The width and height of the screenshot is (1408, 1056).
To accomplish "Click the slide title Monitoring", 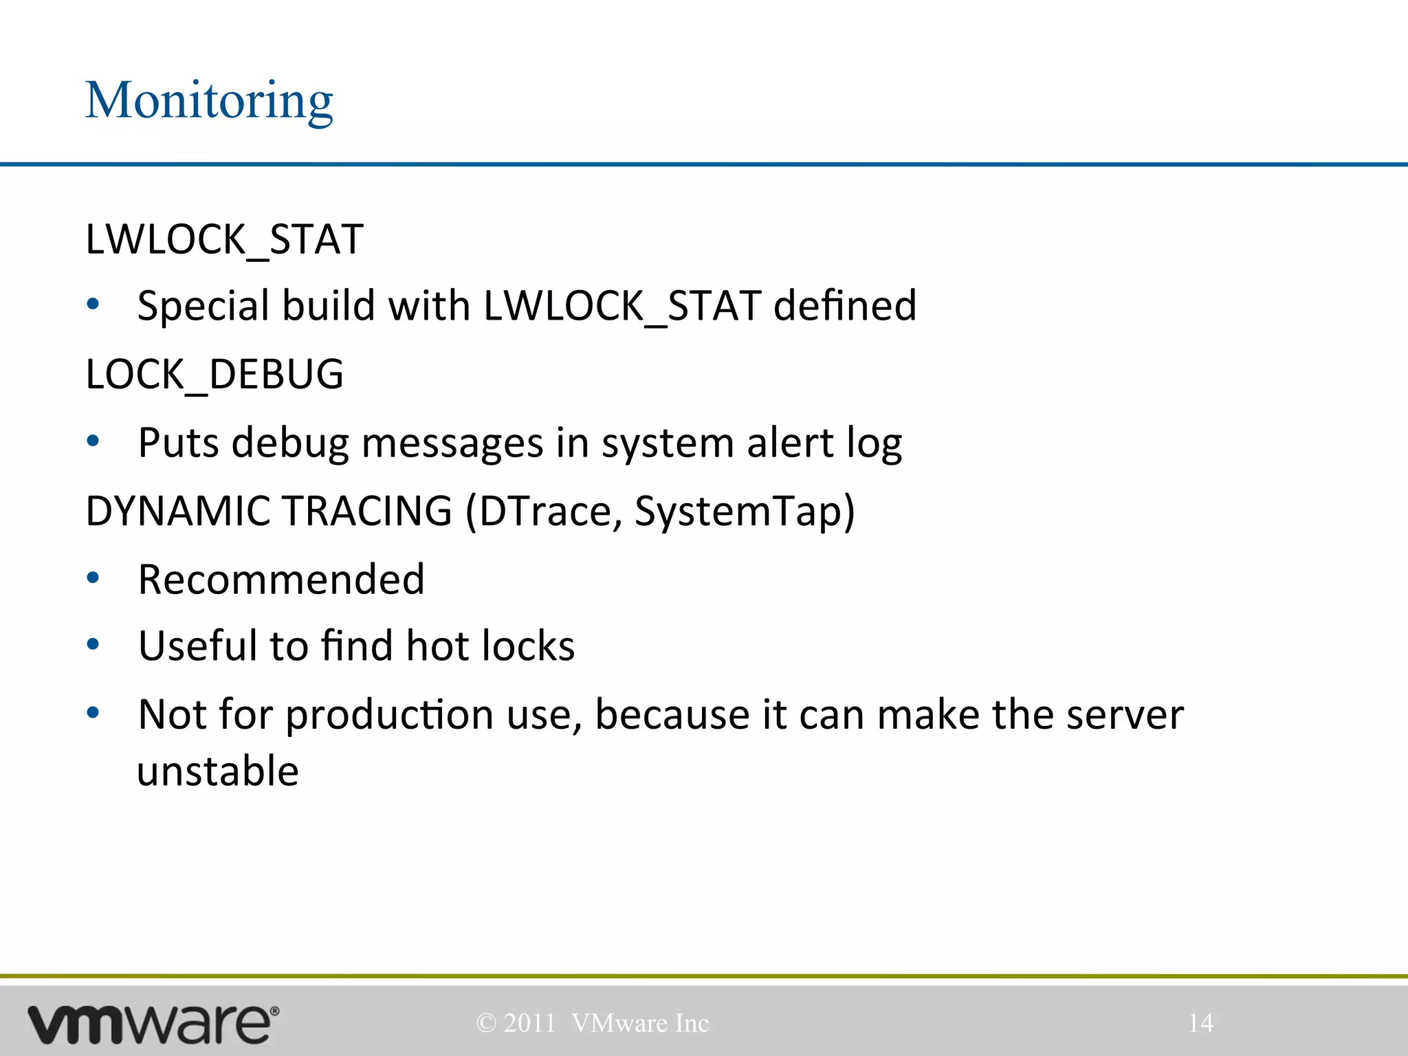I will click(209, 101).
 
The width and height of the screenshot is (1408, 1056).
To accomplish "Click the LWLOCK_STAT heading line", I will click(224, 239).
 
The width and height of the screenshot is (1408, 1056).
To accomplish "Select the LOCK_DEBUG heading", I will click(214, 375).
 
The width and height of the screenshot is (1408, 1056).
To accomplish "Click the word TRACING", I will click(367, 511).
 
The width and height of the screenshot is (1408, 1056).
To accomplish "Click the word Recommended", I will click(281, 579).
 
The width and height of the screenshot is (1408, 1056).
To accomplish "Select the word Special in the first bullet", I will click(203, 307).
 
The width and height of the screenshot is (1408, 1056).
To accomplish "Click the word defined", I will click(845, 305).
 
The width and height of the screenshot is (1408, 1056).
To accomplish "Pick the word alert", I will click(790, 443).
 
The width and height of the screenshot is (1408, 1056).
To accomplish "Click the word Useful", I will click(197, 646).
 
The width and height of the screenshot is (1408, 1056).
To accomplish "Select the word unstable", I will click(218, 771).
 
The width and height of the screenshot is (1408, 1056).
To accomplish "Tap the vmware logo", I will click(153, 1024).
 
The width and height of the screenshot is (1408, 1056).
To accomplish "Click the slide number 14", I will click(1200, 1023).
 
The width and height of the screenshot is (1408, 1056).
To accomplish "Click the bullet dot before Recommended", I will click(93, 578).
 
